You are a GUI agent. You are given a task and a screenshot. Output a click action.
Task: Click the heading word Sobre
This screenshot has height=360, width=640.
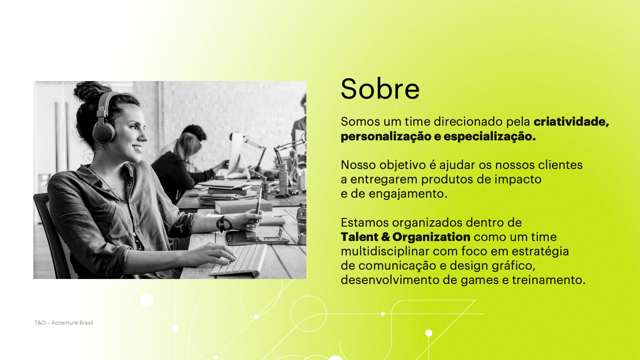[380, 89]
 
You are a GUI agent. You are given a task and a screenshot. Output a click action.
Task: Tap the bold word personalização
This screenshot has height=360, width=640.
[386, 136]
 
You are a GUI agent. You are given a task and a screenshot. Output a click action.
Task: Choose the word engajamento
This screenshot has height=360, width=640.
[408, 194]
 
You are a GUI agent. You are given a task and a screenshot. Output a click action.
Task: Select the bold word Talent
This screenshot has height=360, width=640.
[359, 237]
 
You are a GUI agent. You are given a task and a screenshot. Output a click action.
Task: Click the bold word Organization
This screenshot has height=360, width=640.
[431, 237]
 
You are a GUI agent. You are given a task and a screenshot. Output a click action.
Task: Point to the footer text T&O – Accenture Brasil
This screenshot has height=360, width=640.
[64, 323]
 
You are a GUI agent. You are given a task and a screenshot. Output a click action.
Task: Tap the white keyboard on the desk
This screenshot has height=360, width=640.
[237, 260]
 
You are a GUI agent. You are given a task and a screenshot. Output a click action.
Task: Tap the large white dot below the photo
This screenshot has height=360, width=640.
[147, 300]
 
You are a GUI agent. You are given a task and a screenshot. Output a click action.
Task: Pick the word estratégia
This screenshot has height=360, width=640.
[540, 251]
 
